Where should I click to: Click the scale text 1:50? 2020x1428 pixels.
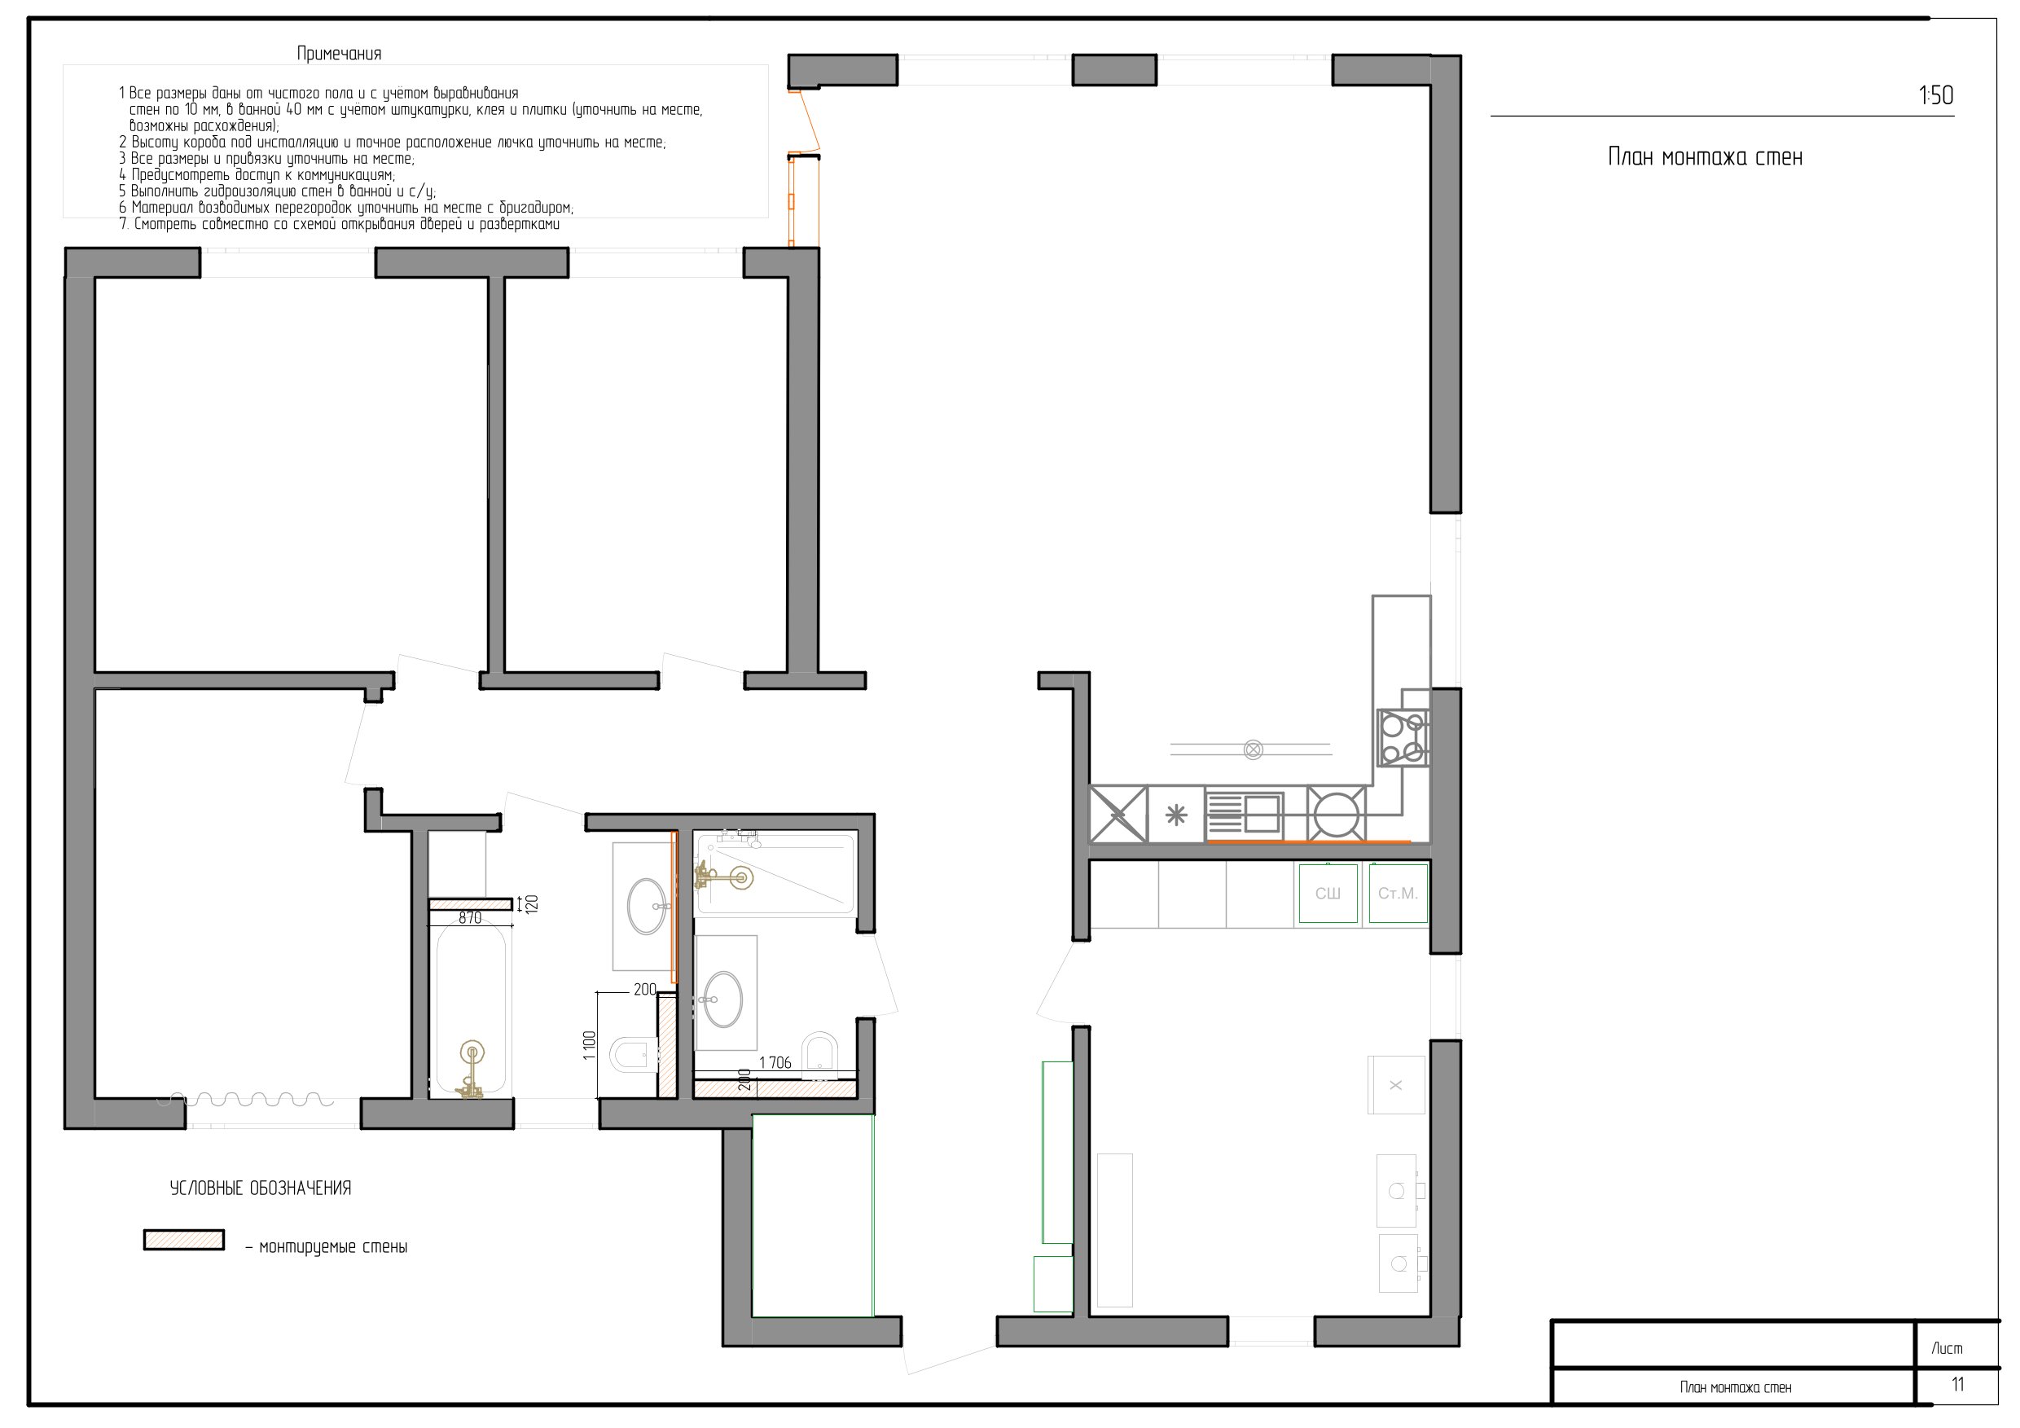coord(1935,95)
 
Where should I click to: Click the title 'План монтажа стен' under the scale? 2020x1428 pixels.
coord(1705,157)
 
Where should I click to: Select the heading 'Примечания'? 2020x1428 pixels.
coord(339,54)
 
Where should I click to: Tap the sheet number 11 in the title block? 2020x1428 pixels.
coord(1957,1384)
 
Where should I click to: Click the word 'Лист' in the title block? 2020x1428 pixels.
coord(1947,1349)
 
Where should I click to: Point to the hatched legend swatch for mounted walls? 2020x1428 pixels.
coord(184,1240)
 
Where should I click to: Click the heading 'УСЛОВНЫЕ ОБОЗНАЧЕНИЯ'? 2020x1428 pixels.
coord(261,1189)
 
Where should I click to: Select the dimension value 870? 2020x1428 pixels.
coord(470,919)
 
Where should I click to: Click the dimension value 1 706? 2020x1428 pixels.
coord(775,1063)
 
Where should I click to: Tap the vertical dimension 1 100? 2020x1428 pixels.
coord(590,1045)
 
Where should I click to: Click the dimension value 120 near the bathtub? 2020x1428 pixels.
coord(531,903)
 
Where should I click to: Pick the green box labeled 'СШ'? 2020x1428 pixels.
coord(1328,894)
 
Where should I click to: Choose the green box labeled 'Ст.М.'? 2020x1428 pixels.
coord(1398,894)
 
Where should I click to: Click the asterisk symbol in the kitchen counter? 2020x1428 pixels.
coord(1176,815)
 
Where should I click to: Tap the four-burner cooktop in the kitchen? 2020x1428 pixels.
coord(1403,738)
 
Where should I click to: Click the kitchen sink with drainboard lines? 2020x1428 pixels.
coord(1244,814)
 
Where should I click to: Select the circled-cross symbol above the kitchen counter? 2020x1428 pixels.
coord(1253,749)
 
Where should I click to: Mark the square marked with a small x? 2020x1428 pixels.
coord(1395,1085)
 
